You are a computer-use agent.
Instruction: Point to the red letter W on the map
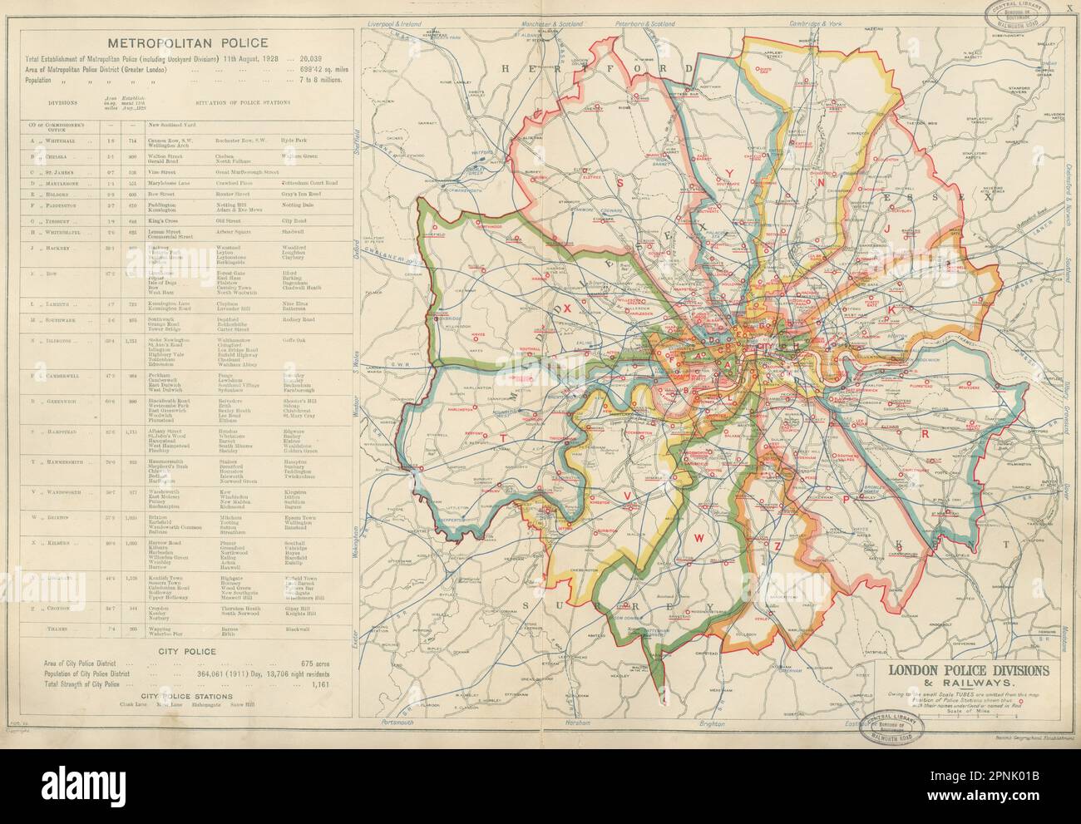coord(699,538)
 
